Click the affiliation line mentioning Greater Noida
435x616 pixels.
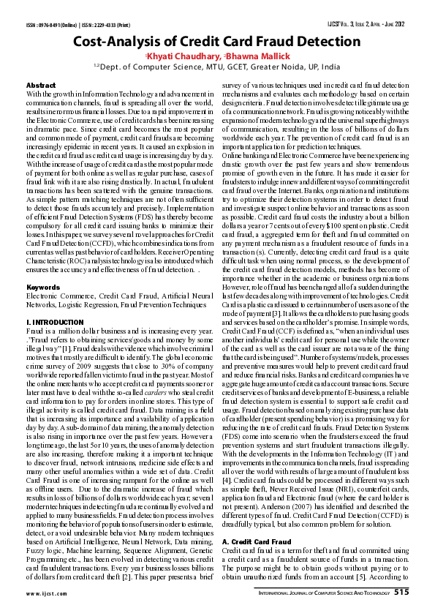coord(217,66)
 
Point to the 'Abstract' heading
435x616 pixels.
coord(41,86)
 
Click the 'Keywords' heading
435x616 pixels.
coord(43,288)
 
